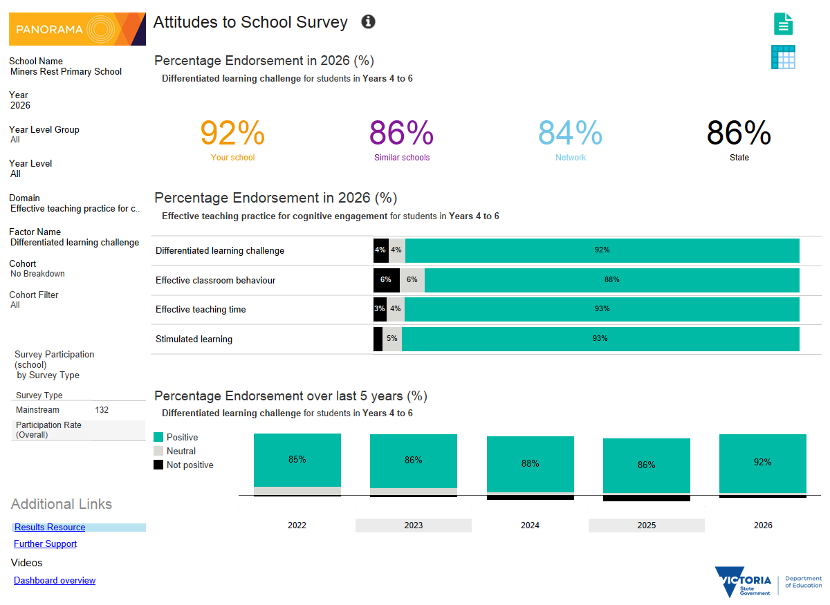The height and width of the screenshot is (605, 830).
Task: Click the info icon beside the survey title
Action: [x=368, y=21]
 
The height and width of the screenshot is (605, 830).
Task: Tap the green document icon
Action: [x=783, y=24]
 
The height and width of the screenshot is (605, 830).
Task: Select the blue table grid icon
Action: [x=783, y=57]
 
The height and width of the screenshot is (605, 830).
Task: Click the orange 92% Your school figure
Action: [x=232, y=133]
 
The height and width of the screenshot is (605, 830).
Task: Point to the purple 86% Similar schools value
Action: [x=401, y=133]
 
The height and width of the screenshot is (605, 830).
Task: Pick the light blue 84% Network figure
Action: [x=570, y=133]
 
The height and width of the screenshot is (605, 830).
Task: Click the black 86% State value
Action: [x=739, y=133]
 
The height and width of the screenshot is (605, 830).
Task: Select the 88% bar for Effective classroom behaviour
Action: [x=611, y=280]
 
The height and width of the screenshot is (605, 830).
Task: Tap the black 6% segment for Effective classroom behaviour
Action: [x=387, y=280]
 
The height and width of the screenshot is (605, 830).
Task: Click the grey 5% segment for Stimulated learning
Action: [x=392, y=339]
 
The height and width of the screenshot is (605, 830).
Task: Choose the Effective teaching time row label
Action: [x=201, y=309]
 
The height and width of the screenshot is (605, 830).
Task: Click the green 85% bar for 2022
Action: [x=297, y=460]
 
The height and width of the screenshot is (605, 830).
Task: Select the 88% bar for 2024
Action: [x=531, y=464]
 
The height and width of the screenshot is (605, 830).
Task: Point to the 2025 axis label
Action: [x=646, y=525]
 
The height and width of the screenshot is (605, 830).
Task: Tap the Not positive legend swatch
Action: [x=158, y=465]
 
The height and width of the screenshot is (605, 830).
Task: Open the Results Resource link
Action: [x=50, y=527]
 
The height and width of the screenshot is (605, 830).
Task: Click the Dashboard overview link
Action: [x=55, y=580]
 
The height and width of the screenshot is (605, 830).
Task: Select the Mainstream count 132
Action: [x=102, y=410]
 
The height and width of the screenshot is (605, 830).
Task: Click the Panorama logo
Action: [x=77, y=29]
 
